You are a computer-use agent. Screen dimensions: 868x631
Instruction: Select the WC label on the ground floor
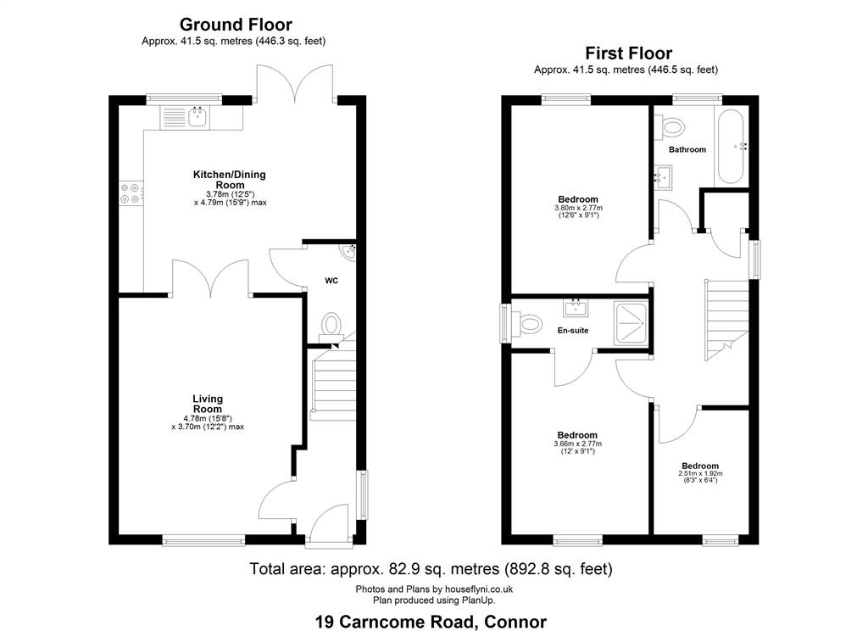[x=331, y=281]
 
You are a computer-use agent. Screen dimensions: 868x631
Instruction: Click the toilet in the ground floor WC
[x=331, y=325]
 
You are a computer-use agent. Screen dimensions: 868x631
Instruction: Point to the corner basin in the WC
[x=349, y=252]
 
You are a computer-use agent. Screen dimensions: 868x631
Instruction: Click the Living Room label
[x=208, y=404]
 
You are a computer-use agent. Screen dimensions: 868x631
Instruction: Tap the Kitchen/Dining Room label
[x=230, y=180]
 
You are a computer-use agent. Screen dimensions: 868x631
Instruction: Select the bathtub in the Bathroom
[x=729, y=146]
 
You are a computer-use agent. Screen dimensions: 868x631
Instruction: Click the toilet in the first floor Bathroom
[x=670, y=128]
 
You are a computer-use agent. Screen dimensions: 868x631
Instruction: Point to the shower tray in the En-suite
[x=630, y=323]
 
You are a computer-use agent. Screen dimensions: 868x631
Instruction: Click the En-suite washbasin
[x=576, y=307]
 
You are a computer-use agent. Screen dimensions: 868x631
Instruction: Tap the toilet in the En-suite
[x=526, y=323]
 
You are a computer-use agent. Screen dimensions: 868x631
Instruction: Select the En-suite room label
[x=573, y=331]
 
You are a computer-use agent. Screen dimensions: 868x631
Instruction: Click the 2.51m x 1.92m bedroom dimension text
[x=700, y=477]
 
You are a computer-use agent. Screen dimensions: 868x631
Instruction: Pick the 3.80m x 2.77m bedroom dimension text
[x=578, y=211]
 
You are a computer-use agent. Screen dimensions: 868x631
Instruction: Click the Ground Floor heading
[x=236, y=25]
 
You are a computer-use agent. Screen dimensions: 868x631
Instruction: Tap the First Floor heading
[x=629, y=53]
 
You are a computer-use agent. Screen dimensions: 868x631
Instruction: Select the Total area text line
[x=431, y=569]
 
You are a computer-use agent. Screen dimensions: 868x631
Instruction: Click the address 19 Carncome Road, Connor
[x=431, y=622]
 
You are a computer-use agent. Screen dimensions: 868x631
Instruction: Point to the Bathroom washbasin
[x=663, y=178]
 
